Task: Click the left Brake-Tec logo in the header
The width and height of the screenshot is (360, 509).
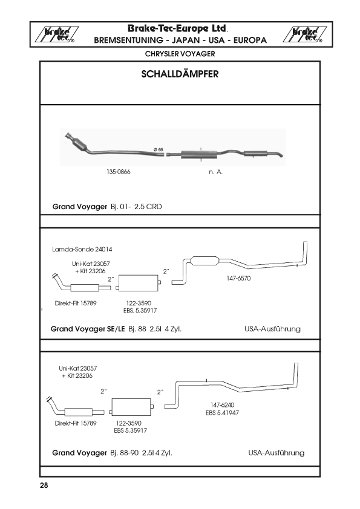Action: [x=56, y=34]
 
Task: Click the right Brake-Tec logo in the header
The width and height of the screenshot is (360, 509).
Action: [x=304, y=34]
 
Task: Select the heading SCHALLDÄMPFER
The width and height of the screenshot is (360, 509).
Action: [x=180, y=74]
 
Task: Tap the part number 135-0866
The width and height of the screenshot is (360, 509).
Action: [x=118, y=172]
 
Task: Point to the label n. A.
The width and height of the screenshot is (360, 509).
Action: [x=215, y=172]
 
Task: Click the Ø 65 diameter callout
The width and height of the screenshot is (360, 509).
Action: [x=159, y=150]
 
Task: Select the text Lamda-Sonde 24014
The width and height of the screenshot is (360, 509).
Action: [x=82, y=249]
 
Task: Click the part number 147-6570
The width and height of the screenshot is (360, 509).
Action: [x=238, y=278]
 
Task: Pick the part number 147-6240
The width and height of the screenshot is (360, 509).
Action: [x=222, y=405]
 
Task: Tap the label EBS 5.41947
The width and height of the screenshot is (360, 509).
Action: [x=222, y=413]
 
